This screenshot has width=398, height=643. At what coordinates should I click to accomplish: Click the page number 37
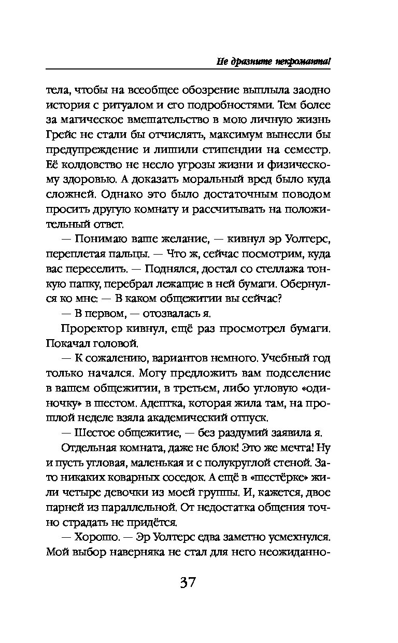[188, 582]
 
